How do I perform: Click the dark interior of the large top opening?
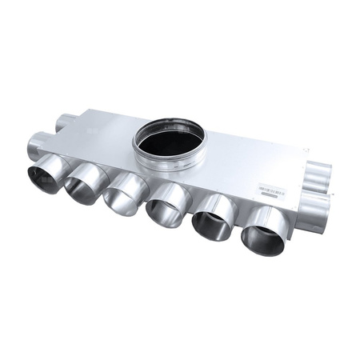(x=170, y=142)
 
